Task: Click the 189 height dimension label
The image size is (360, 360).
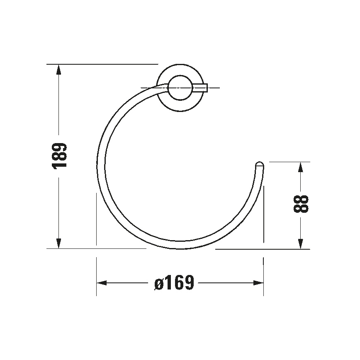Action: coord(59,156)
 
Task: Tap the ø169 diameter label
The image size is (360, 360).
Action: coord(174,283)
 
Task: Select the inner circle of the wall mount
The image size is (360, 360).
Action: coord(180,88)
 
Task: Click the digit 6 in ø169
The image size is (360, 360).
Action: coord(178,283)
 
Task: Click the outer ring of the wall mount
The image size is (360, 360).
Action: coord(180,71)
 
